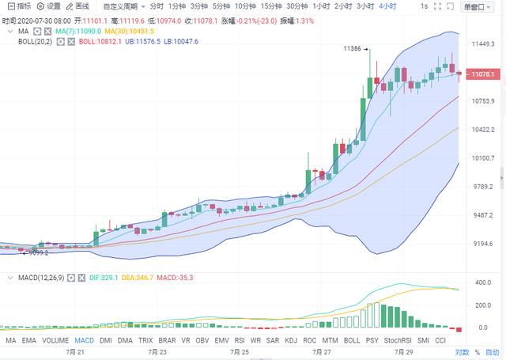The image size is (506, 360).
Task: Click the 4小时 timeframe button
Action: pyautogui.click(x=387, y=6)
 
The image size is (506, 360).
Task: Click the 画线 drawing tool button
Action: pyautogui.click(x=77, y=6)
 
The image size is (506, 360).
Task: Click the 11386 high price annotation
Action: pyautogui.click(x=353, y=49)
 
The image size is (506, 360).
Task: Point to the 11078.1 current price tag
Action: pyautogui.click(x=481, y=74)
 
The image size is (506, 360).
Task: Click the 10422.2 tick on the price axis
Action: pyautogui.click(x=482, y=130)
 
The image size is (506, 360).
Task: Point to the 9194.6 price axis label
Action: pyautogui.click(x=482, y=244)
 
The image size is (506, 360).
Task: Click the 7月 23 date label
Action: pyautogui.click(x=157, y=351)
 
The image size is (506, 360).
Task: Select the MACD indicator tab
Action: pyautogui.click(x=84, y=339)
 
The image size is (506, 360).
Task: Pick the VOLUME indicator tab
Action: pyautogui.click(x=55, y=339)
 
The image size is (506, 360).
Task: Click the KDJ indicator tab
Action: pyautogui.click(x=290, y=339)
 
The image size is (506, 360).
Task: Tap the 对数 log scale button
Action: pyautogui.click(x=462, y=351)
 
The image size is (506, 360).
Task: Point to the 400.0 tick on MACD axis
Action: pyautogui.click(x=481, y=282)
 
